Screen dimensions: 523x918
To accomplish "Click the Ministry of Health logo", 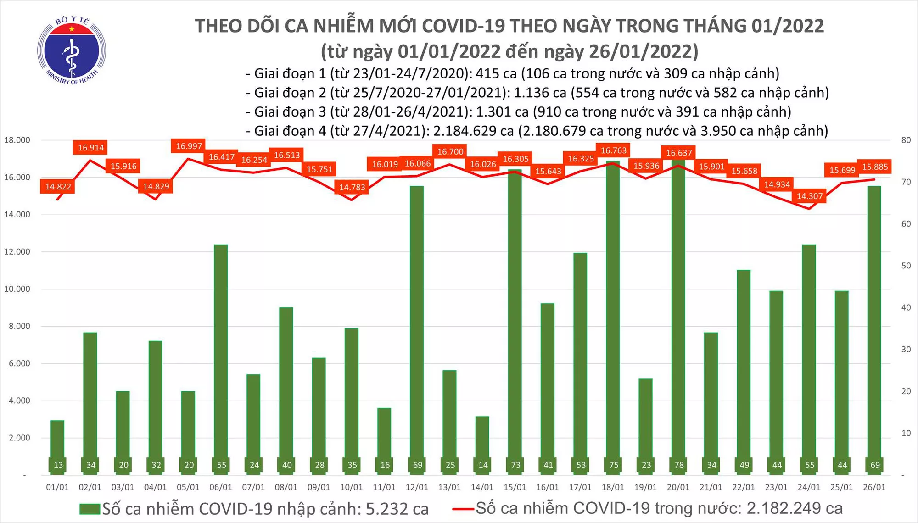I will tap(72, 50).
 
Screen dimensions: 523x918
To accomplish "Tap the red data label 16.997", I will tap(189, 146).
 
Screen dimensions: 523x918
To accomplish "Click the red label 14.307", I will tap(810, 196).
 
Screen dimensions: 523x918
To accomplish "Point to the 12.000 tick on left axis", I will tap(17, 251).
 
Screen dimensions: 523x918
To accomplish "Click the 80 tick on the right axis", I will tap(906, 140).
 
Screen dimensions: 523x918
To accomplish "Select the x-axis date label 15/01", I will tap(515, 487).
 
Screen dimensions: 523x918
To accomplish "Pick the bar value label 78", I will tap(679, 465).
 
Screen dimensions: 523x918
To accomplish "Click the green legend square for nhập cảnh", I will tap(90, 509).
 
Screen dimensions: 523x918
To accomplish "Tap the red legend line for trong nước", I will tap(463, 508).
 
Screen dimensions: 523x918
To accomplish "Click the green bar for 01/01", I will tap(57, 440).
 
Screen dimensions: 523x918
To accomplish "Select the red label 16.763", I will tap(613, 150).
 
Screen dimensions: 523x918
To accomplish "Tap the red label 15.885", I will tap(875, 167).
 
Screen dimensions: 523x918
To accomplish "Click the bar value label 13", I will tap(58, 465).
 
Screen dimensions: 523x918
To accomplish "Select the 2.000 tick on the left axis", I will tap(17, 438).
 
